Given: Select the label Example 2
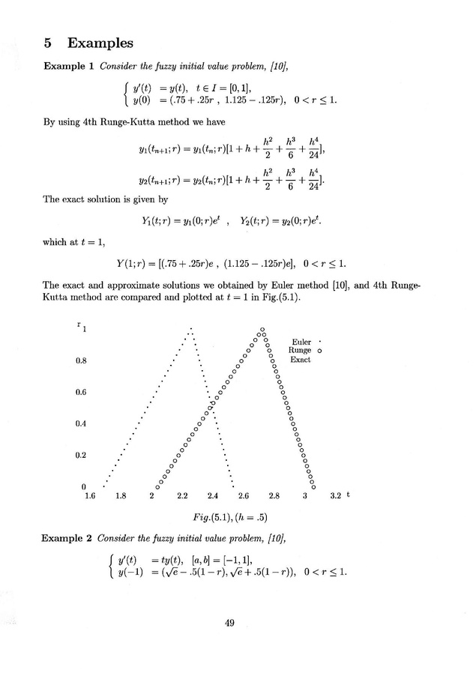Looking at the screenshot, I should pyautogui.click(x=67, y=539).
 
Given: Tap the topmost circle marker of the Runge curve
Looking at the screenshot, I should pyautogui.click(x=262, y=329).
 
